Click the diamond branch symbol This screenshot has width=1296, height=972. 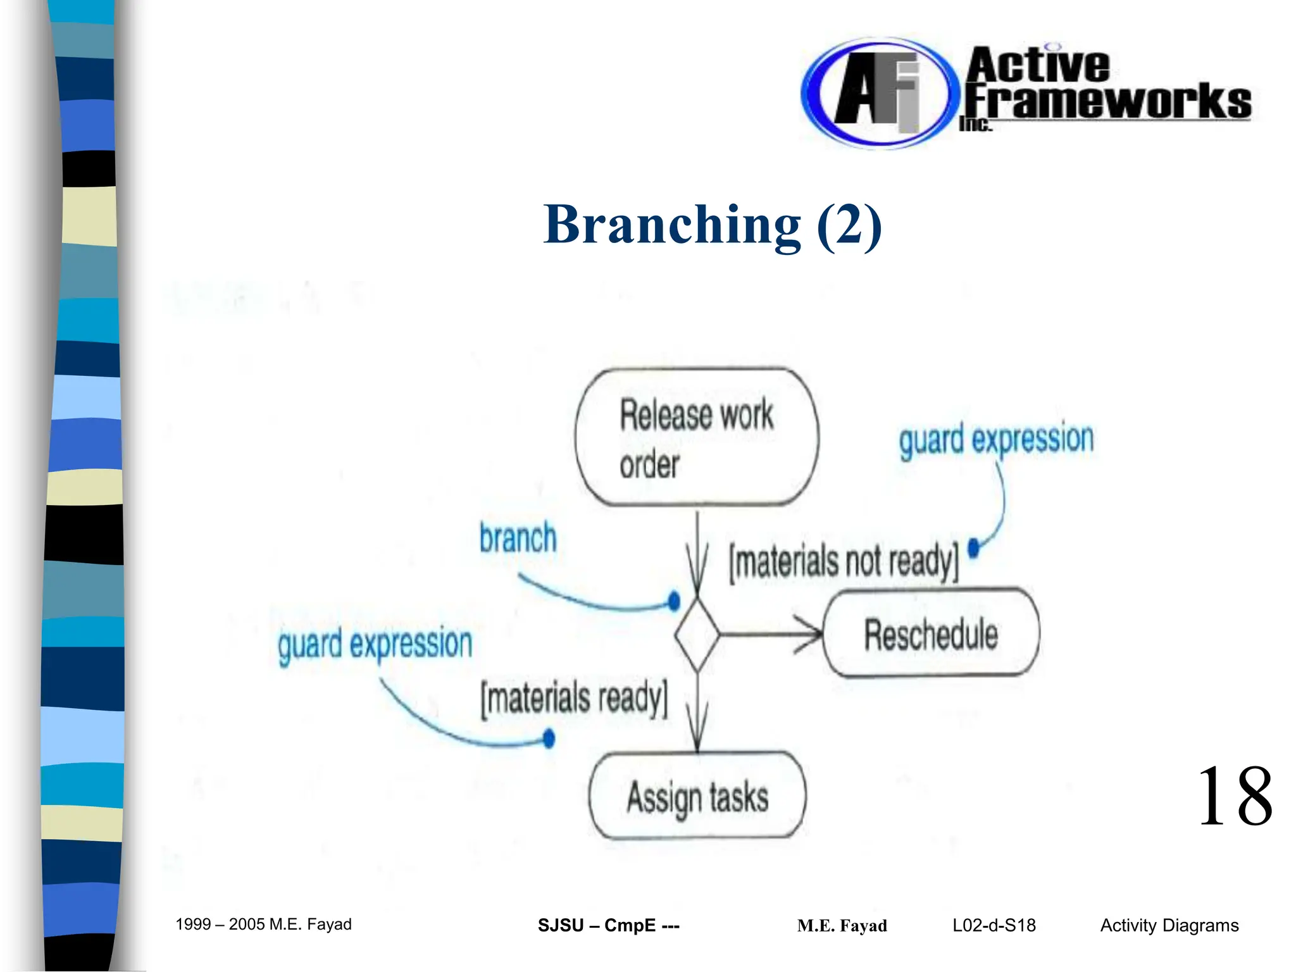pos(697,634)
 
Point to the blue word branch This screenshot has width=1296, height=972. pos(518,539)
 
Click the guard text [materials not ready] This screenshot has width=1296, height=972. pos(844,561)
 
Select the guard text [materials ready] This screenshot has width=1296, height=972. pos(574,699)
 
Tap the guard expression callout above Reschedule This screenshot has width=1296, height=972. pos(996,439)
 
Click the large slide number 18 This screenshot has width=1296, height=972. pos(1234,797)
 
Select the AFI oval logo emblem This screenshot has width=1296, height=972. pos(876,94)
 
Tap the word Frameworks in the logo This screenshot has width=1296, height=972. pos(1107,101)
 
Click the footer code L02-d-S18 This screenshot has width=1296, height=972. pos(994,926)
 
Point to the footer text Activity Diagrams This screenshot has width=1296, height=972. pos(1169,926)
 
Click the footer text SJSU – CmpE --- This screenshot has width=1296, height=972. pos(608,926)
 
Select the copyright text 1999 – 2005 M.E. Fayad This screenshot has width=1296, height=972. pos(263,925)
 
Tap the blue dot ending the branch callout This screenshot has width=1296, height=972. pos(674,600)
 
